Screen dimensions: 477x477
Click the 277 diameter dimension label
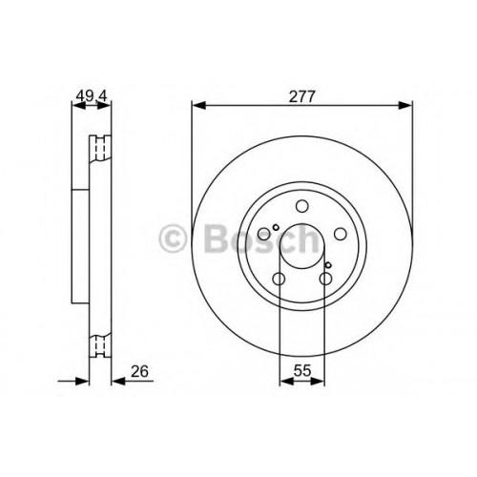coord(301,96)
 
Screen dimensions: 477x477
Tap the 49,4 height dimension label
coord(92,95)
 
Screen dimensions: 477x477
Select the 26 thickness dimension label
coord(139,371)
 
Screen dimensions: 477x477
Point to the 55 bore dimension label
coord(301,371)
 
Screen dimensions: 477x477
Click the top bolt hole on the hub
coord(302,206)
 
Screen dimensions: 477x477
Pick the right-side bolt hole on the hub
coord(341,234)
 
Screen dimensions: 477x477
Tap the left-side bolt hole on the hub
coord(264,234)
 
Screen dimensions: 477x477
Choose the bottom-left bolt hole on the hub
coord(279,280)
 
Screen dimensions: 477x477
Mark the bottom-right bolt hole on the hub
coord(325,280)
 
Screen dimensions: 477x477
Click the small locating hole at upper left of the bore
coord(276,227)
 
